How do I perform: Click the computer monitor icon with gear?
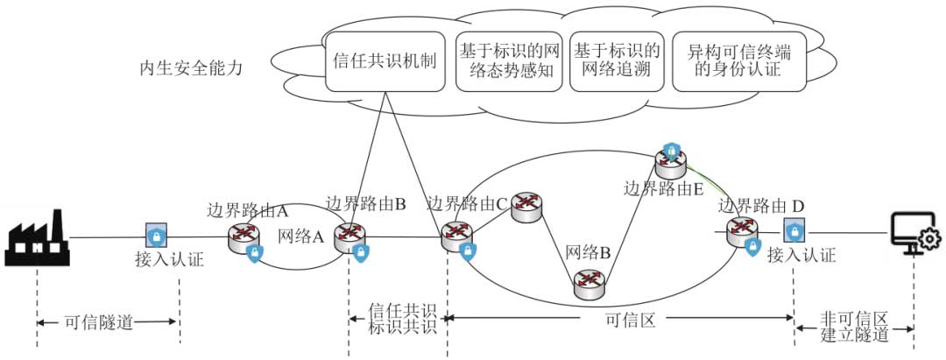pos(914,233)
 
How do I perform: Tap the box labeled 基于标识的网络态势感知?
pos(509,62)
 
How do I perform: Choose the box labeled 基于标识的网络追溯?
pos(617,62)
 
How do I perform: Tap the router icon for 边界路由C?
pos(456,234)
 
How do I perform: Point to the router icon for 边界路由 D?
pos(741,230)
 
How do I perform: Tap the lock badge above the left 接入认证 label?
pos(156,236)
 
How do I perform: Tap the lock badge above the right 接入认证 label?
pos(794,232)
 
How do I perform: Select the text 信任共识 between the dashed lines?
pos(402,312)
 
